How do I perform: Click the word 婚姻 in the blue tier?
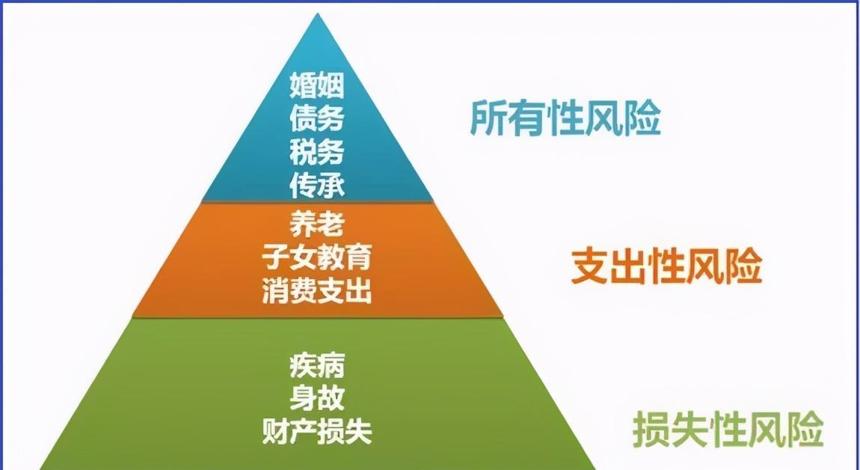(x=317, y=85)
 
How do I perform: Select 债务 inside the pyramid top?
(x=317, y=118)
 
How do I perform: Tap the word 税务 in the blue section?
(x=317, y=152)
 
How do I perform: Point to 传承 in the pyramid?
(x=317, y=186)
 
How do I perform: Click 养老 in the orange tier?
(x=317, y=224)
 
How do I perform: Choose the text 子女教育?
(x=317, y=257)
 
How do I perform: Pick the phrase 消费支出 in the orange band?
(x=317, y=291)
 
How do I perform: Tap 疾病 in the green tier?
(x=317, y=365)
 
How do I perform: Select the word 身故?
(x=317, y=399)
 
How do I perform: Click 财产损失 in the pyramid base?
(x=317, y=432)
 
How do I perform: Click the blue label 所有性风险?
(x=565, y=117)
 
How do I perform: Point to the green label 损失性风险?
(x=728, y=430)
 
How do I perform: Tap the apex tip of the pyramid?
(x=317, y=13)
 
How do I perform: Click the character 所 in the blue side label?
(x=488, y=117)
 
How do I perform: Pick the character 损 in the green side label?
(x=651, y=430)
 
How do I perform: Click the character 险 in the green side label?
(x=805, y=430)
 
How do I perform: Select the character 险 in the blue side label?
(x=643, y=117)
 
